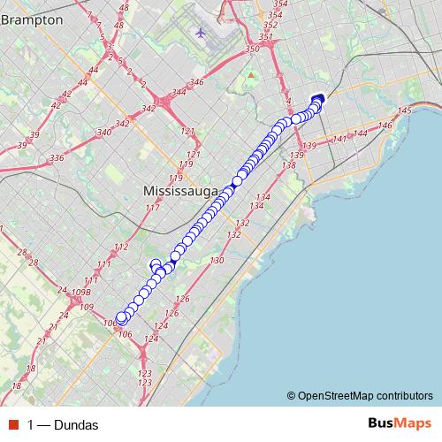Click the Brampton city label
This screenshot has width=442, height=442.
[x=32, y=19]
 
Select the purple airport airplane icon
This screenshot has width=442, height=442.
[x=202, y=33]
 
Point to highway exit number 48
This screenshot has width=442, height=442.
[x=123, y=7]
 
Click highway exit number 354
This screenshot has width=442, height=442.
[x=275, y=15]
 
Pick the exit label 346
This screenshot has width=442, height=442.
[x=196, y=82]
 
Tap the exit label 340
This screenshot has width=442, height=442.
[x=103, y=132]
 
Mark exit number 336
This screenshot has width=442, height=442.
[x=57, y=157]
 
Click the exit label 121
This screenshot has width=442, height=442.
[x=187, y=131]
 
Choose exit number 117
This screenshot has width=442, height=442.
[x=153, y=208]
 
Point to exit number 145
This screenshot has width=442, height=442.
[x=406, y=110]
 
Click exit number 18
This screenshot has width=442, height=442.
[x=30, y=369]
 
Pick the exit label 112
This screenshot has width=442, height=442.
[x=122, y=248]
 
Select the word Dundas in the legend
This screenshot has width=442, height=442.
[x=75, y=424]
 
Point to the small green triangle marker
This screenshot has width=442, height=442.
[x=251, y=75]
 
